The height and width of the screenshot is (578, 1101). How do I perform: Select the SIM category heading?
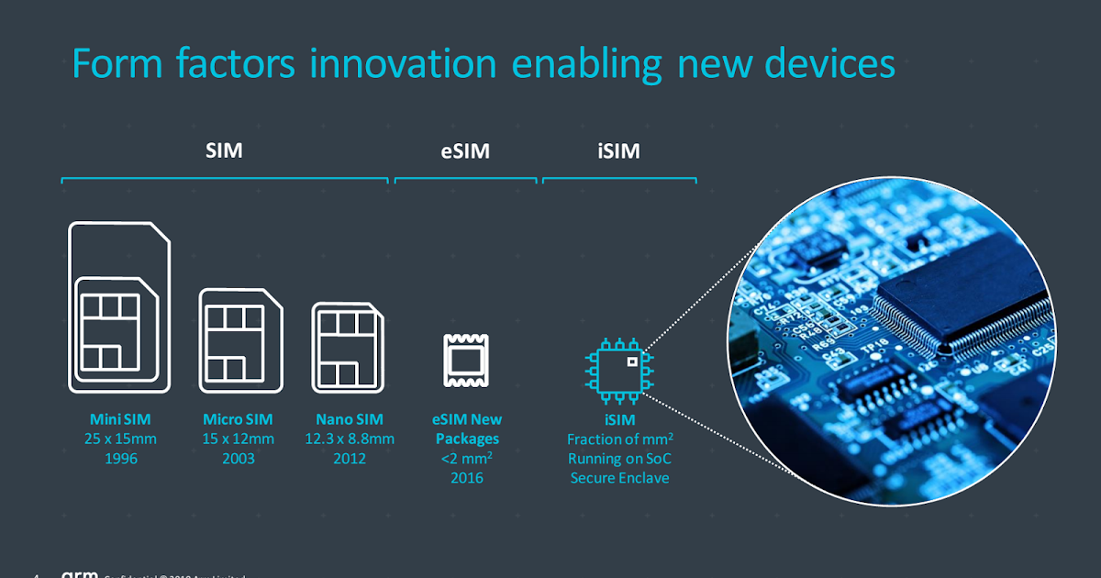pos(224,151)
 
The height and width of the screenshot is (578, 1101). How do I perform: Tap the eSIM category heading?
pos(465,151)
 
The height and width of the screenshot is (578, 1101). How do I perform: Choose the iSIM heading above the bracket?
pos(619,151)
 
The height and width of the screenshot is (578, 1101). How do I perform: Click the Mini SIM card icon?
pos(119,307)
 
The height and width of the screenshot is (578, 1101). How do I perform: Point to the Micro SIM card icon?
pos(240,340)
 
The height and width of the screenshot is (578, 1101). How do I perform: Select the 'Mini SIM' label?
pos(120,419)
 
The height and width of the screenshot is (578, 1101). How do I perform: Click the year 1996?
pos(120,458)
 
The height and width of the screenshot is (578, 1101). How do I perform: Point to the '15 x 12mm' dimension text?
pos(239,439)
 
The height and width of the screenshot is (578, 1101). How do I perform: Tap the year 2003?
pos(239,458)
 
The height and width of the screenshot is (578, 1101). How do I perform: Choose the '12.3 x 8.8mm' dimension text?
pos(350,439)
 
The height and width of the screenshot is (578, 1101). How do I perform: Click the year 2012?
pos(350,458)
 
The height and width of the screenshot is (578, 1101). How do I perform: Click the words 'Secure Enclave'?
pos(619,478)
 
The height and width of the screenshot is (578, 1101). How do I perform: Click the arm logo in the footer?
pos(79,574)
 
